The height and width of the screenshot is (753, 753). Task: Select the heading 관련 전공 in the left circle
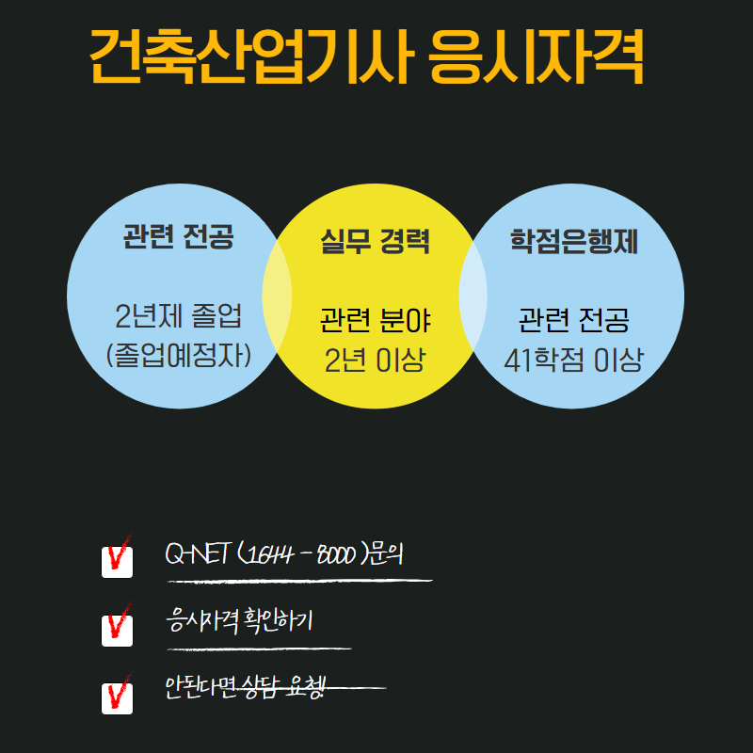click(178, 236)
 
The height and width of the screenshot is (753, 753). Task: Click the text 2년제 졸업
click(178, 314)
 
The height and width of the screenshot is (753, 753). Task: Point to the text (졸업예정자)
click(178, 355)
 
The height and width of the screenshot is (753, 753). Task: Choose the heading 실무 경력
click(376, 242)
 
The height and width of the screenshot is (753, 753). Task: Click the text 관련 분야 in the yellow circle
click(376, 321)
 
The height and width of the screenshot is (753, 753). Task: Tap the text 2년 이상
click(376, 360)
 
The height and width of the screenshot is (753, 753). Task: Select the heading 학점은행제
click(574, 242)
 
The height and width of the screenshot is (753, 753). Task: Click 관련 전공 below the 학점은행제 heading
click(574, 321)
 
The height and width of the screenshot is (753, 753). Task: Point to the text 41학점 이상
click(574, 360)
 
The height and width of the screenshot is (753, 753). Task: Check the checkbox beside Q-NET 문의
click(117, 560)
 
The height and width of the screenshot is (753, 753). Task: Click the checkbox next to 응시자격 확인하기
click(117, 629)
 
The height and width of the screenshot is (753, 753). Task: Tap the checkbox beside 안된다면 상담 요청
click(117, 697)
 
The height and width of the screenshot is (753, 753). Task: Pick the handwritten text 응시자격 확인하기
click(238, 622)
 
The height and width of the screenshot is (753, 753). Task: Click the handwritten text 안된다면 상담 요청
click(245, 688)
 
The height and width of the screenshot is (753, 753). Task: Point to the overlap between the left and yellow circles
click(277, 296)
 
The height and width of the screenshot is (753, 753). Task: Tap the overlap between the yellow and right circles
click(474, 296)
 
